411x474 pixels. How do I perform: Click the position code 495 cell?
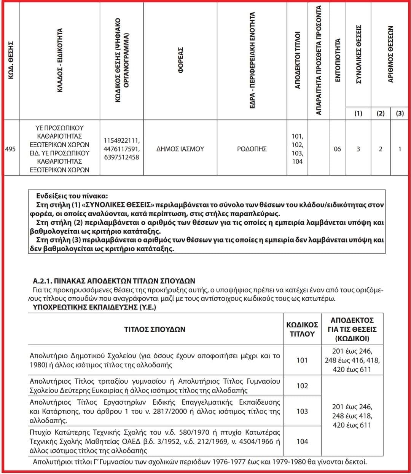(11, 149)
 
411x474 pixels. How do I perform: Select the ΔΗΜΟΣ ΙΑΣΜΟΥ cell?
(180, 149)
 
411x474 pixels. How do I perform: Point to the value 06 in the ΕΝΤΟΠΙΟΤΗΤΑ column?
(337, 149)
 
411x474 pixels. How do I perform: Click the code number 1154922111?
(121, 141)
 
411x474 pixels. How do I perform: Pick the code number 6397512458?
(121, 157)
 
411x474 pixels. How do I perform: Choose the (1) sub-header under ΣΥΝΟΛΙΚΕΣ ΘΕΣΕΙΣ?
(358, 113)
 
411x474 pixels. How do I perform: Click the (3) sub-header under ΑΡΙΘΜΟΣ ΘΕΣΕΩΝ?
(400, 113)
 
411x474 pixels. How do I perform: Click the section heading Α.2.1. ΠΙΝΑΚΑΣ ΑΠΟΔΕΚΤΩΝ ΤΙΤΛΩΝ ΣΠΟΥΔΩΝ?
(114, 281)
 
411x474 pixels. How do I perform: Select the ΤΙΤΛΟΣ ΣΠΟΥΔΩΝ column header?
(155, 329)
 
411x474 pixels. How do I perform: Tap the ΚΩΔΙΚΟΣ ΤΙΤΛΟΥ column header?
(302, 329)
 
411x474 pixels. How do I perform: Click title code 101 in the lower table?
(302, 360)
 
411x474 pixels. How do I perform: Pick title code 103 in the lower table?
(302, 411)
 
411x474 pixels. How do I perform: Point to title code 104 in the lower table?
(302, 441)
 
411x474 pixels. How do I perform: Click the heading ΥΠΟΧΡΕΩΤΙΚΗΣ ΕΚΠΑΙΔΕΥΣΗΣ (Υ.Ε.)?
(94, 307)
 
